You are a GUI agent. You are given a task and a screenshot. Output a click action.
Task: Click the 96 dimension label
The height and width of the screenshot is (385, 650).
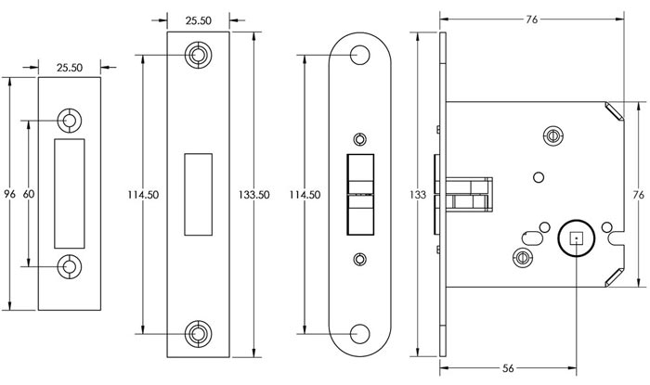(x=10, y=194)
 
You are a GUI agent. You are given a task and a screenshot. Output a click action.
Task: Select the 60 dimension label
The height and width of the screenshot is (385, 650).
(x=29, y=194)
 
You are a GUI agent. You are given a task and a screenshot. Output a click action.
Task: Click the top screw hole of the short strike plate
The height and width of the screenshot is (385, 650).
(x=70, y=121)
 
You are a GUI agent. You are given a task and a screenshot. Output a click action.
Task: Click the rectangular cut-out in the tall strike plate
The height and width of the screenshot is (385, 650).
(x=198, y=193)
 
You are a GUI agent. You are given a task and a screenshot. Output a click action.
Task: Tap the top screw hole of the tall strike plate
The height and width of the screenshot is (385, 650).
(x=198, y=56)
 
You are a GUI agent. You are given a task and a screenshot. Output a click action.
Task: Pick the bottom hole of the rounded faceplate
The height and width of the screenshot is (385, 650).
(x=360, y=331)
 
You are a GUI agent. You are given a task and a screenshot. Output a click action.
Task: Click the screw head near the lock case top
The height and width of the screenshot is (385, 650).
(x=553, y=136)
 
